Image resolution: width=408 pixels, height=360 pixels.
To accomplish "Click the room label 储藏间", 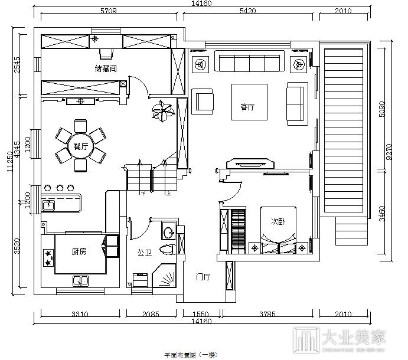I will [106, 68].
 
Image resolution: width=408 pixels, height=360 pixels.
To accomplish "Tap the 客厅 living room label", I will [247, 107].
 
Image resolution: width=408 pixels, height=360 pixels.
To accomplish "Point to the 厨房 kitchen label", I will [79, 252].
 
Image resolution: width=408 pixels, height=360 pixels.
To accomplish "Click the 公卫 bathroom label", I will [145, 253].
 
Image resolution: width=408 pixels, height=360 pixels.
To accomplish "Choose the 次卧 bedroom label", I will [278, 222].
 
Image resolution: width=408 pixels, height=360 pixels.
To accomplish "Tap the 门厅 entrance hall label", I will [203, 277].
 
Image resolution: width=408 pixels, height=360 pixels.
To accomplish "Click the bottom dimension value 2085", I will [151, 314].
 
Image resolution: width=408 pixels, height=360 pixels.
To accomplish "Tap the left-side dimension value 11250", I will [9, 161].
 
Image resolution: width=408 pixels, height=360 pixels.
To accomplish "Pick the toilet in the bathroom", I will [169, 247].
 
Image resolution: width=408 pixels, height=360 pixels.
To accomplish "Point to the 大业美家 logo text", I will [352, 338].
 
